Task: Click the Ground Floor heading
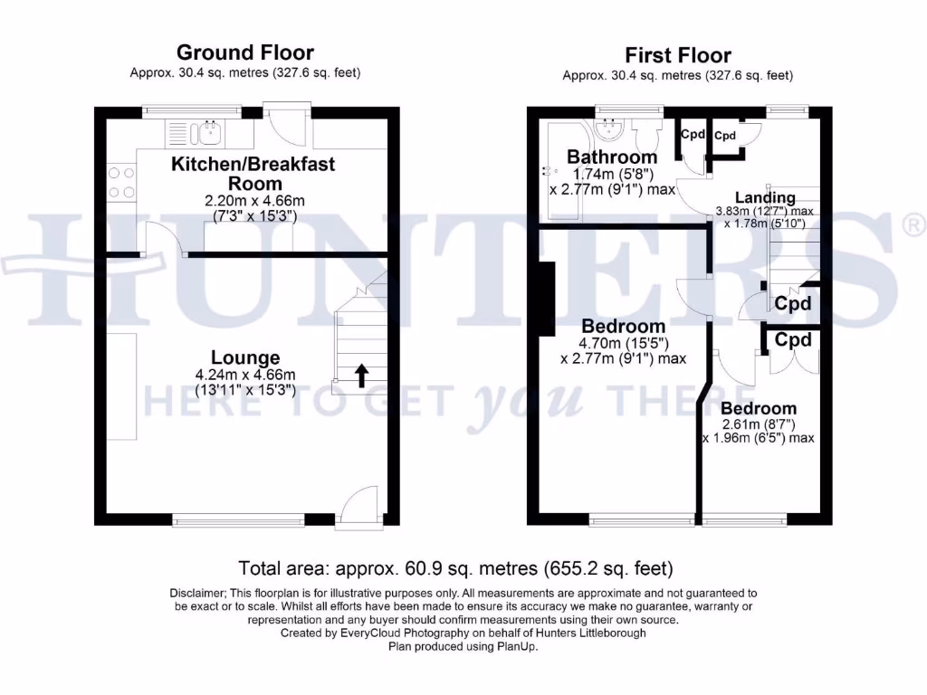click(245, 52)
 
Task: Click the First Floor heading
click(677, 55)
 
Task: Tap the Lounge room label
click(245, 357)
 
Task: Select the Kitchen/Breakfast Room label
click(253, 172)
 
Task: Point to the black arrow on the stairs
click(361, 375)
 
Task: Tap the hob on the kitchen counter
click(121, 181)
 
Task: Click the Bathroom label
click(612, 157)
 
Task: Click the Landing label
click(765, 197)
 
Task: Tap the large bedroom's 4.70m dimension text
click(624, 343)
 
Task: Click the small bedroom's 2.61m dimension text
click(759, 424)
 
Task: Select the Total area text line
click(456, 569)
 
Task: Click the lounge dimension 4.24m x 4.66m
click(245, 375)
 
